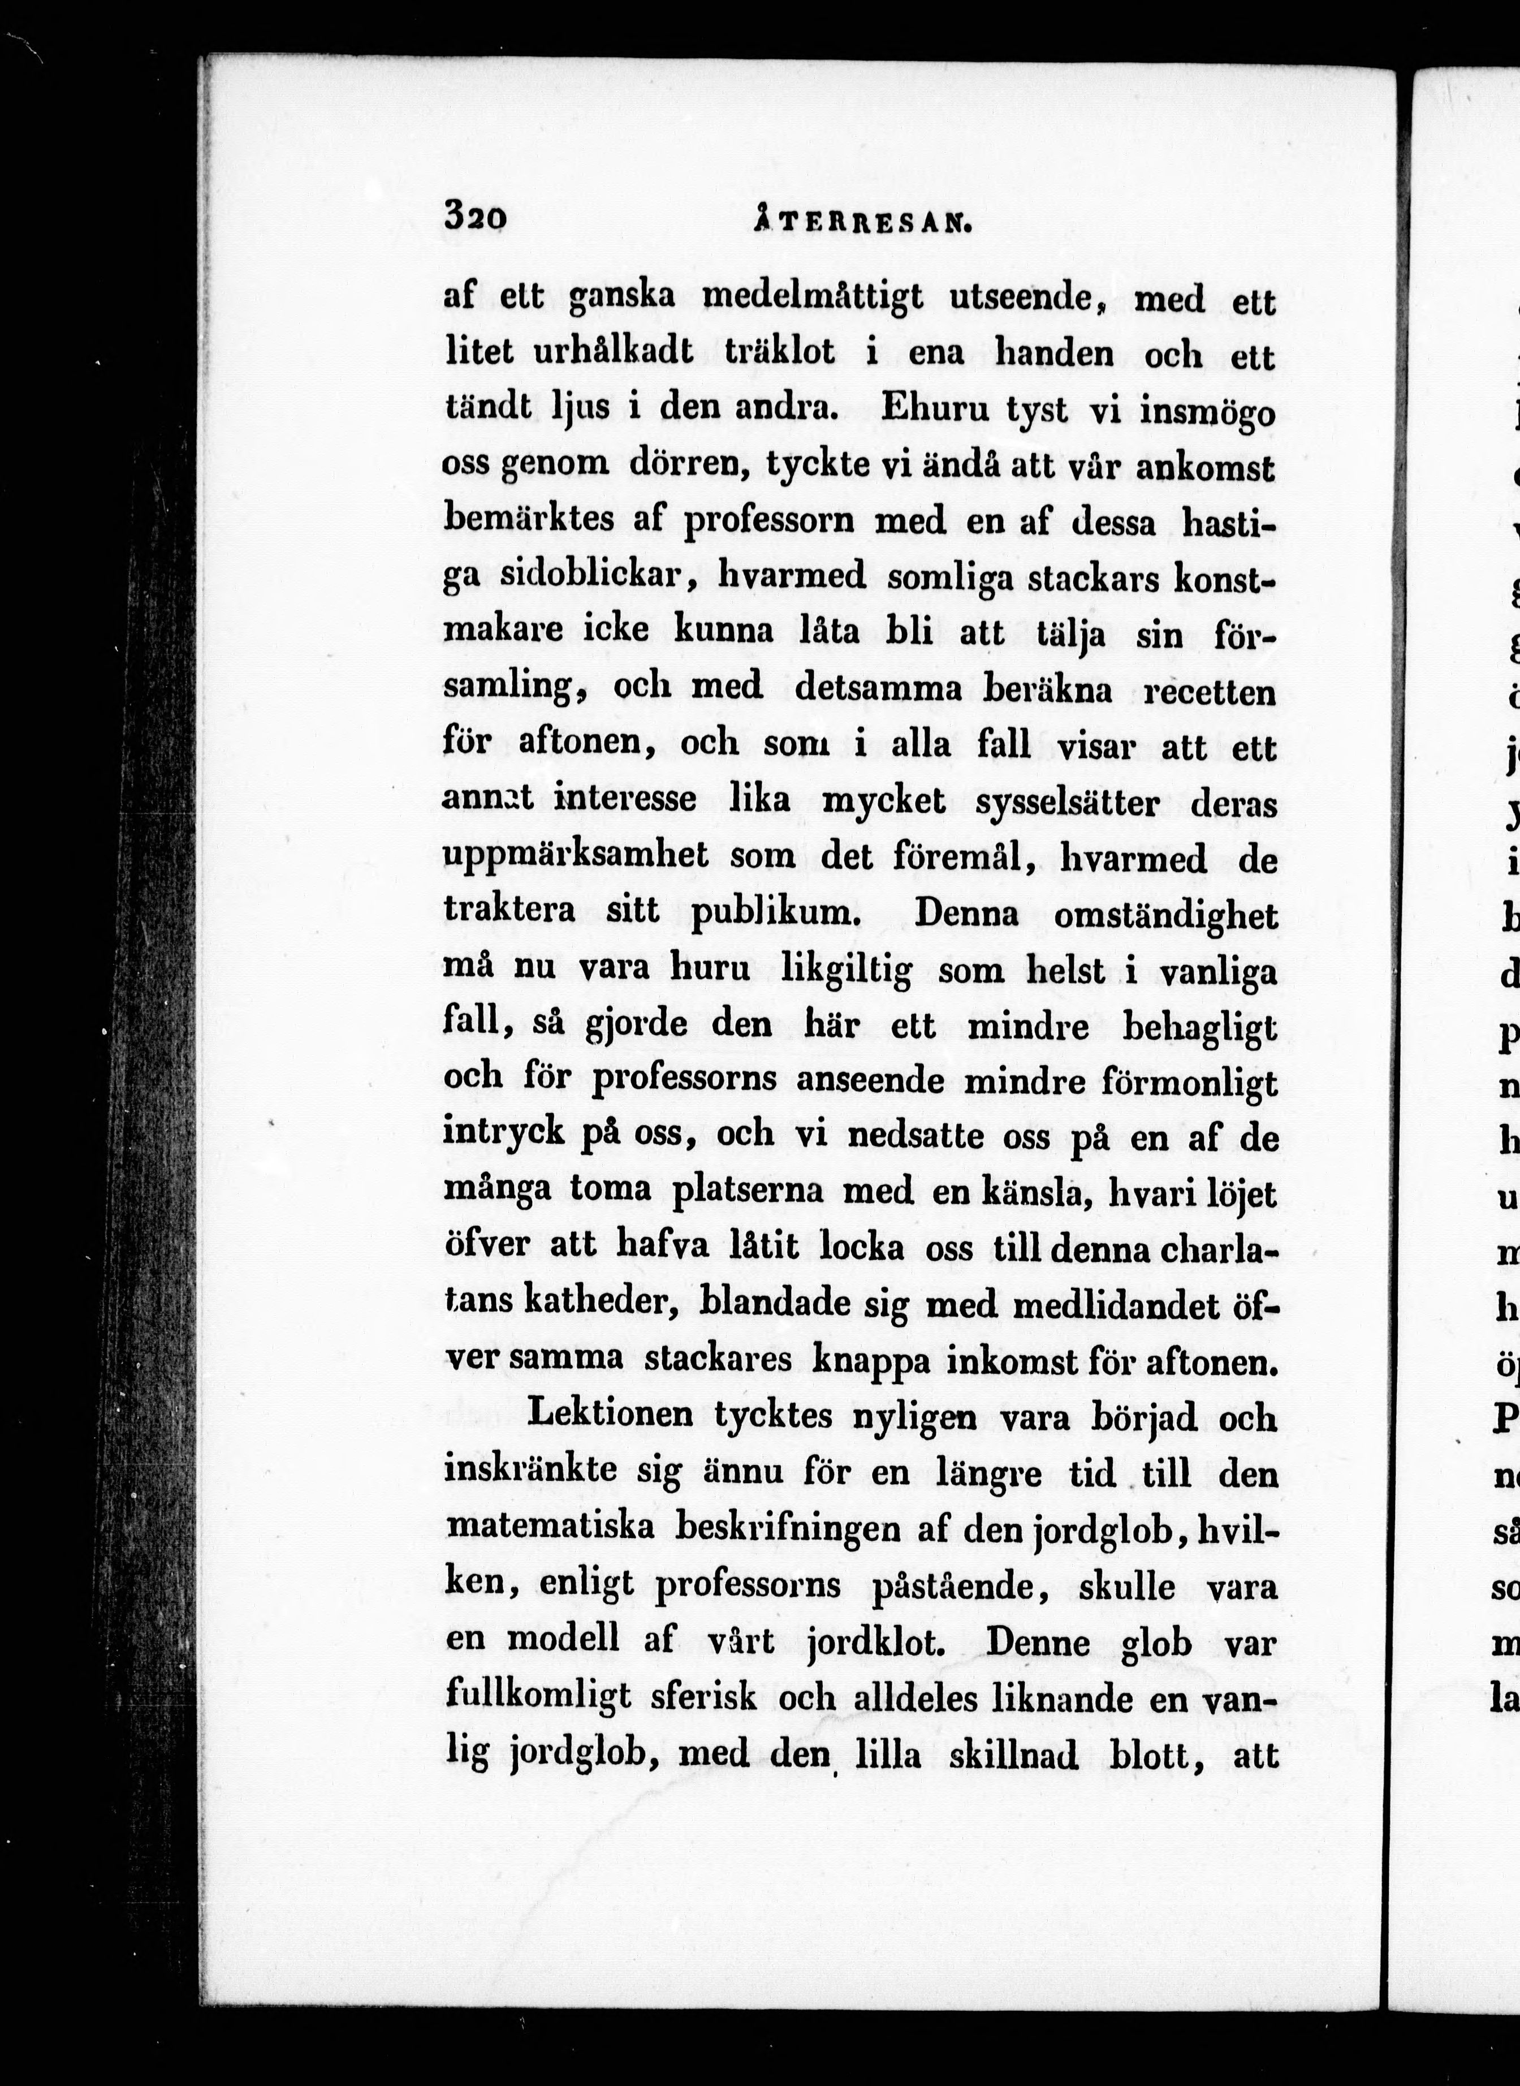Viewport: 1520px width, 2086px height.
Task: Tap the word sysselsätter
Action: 1067,803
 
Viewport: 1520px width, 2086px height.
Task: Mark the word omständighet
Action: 1165,916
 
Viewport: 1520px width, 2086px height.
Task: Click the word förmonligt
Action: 1189,1083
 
